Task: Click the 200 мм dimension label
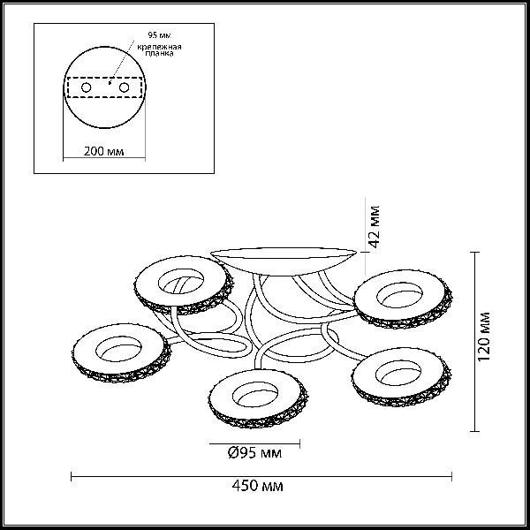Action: pos(103,151)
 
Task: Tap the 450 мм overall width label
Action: pos(258,486)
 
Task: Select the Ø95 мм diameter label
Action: pos(254,452)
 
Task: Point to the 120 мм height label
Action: pos(484,337)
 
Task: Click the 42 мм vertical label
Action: pos(375,226)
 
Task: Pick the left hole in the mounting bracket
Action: pos(87,87)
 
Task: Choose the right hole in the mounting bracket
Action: pos(124,87)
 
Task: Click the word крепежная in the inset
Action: pos(159,47)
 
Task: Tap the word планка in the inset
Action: pos(159,53)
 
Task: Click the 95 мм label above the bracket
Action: pos(160,35)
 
